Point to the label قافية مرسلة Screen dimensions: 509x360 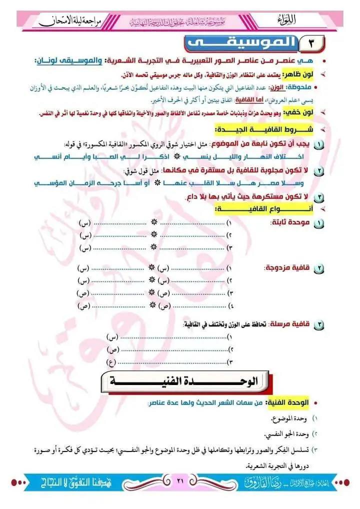coord(288,325)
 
